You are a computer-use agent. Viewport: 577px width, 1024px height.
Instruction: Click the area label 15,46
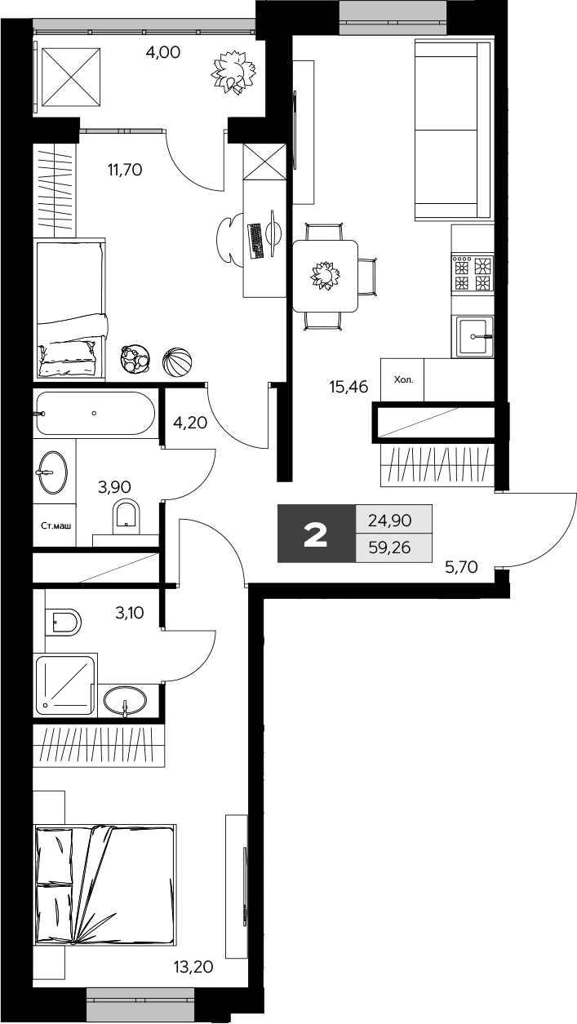(347, 387)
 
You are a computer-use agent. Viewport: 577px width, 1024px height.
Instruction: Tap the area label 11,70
(125, 170)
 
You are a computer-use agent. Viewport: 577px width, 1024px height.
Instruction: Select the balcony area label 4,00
(162, 53)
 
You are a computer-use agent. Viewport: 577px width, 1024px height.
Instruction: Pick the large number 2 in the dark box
(316, 534)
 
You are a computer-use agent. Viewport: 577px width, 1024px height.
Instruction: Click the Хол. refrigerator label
(402, 379)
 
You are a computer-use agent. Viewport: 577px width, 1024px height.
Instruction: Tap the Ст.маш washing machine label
(55, 526)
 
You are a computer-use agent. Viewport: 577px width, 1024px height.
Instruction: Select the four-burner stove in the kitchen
(473, 273)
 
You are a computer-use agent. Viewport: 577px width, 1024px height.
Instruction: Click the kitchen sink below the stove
(473, 335)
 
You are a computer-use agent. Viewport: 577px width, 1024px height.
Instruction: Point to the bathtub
(95, 413)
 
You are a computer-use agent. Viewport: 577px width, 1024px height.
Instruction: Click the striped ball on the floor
(177, 361)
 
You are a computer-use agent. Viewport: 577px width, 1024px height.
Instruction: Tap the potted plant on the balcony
(231, 72)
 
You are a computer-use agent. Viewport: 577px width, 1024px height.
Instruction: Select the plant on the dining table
(323, 275)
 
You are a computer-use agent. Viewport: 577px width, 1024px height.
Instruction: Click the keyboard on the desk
(255, 241)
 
